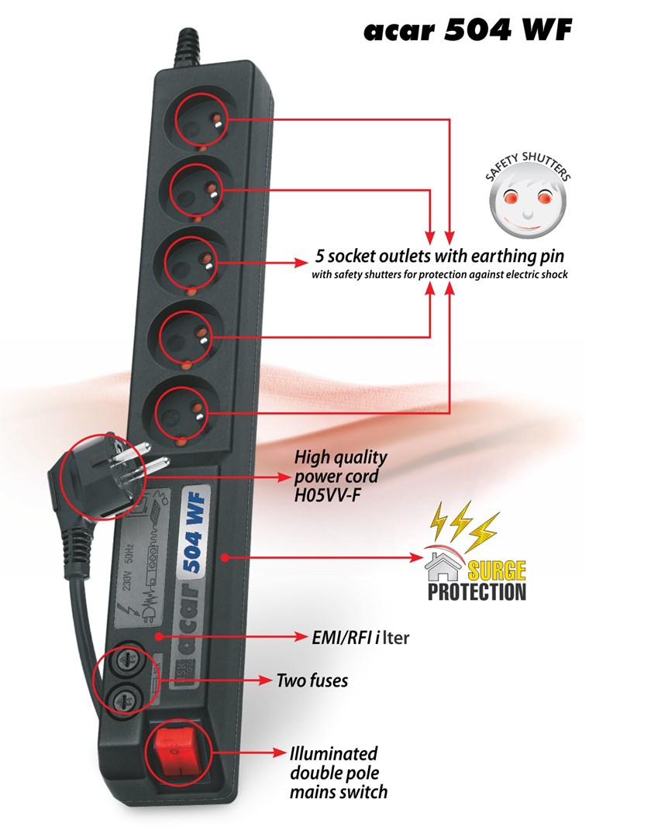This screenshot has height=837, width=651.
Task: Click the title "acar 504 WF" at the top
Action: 468,30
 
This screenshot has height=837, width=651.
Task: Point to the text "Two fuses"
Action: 312,681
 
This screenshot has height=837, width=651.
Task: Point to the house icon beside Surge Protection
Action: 442,570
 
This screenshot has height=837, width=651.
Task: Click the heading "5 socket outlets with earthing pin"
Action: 439,256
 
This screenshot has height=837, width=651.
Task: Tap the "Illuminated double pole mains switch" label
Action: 338,772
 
